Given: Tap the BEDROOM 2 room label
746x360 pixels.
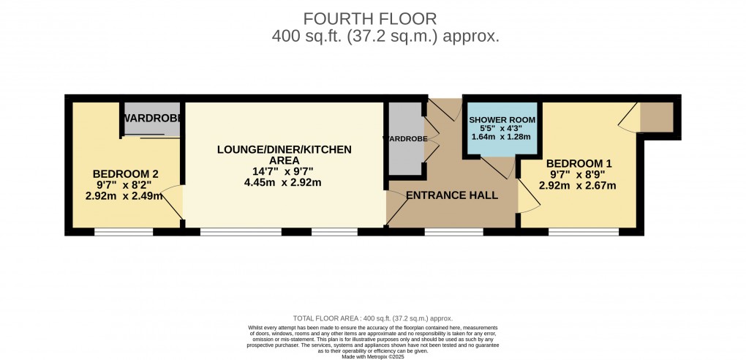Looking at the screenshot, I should (126, 173).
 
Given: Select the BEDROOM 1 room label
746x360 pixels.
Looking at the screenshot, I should (578, 163).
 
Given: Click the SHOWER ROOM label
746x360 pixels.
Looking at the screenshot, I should (502, 119).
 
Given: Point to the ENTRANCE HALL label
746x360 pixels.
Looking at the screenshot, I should (451, 195).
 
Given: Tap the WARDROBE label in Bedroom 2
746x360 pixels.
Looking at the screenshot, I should (152, 118).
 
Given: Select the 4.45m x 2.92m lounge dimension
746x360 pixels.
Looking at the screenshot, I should (285, 183).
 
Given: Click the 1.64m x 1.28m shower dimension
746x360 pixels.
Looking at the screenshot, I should (501, 136).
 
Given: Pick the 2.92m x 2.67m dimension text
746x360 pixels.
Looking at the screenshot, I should (578, 186).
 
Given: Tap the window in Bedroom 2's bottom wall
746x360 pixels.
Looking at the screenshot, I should (124, 232).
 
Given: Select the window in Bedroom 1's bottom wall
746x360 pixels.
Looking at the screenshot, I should (584, 232).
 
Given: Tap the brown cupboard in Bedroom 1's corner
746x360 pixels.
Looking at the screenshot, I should (656, 117).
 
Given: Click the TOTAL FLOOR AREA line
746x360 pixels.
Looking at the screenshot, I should (373, 318).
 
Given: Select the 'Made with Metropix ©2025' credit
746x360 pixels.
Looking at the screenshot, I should (373, 356).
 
